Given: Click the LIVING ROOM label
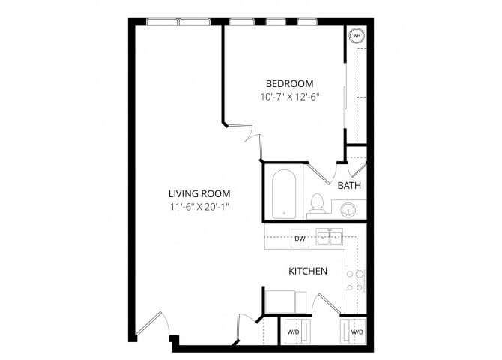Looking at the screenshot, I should pos(199,193).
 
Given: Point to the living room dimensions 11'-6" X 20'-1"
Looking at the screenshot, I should pos(199,207).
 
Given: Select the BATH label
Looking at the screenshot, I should pos(349,185).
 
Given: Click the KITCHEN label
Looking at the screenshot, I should pos(307,271).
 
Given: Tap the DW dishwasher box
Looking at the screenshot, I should pos(300,238).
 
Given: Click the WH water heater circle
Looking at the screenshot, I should pos(356,35).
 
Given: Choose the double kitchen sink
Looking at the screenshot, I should pos(329,238).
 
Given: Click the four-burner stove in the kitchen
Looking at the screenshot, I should pos(354,280).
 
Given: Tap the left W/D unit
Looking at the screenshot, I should pos(292,331).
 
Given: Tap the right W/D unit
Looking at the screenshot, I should pos(357,331).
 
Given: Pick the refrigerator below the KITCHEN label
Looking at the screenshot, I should pos(282,300).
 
